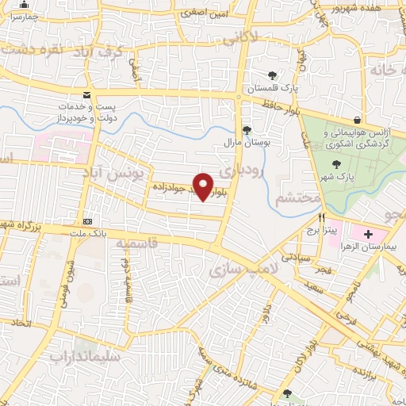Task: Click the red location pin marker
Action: click(x=204, y=186)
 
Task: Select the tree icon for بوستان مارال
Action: click(x=247, y=129)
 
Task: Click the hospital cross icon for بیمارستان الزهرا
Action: click(x=368, y=234)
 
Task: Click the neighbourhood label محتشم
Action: click(x=296, y=199)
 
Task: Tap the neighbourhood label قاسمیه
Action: click(x=143, y=243)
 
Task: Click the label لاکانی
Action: click(x=239, y=36)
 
